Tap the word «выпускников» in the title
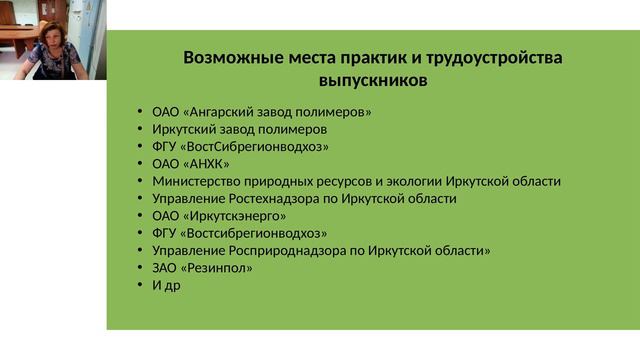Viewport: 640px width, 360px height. (x=372, y=79)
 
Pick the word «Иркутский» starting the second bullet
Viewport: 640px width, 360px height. (x=185, y=129)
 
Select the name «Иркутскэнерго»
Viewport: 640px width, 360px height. (x=235, y=216)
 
